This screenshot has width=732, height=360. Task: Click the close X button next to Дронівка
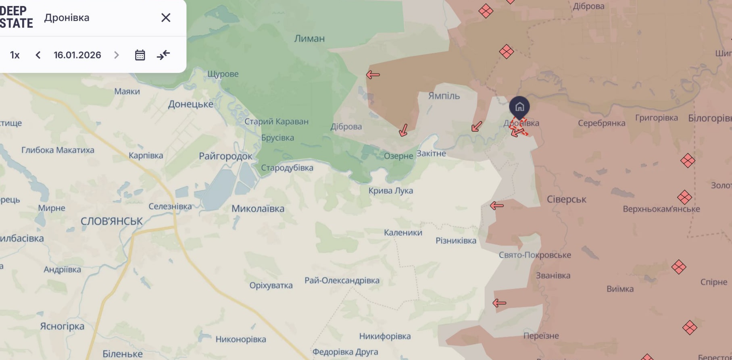tap(166, 18)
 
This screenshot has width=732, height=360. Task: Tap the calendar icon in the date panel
tap(140, 55)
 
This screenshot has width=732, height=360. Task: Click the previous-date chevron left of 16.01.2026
tap(38, 55)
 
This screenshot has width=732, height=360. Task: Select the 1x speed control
tap(15, 55)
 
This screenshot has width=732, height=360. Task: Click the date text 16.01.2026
tap(77, 55)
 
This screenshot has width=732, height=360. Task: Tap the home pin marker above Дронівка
tap(519, 107)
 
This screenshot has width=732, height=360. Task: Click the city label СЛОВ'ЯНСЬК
tap(112, 221)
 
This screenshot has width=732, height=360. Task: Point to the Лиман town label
tap(309, 39)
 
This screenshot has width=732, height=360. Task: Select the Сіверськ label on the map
tap(566, 199)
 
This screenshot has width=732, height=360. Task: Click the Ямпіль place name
tap(444, 96)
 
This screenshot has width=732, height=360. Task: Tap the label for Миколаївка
tap(258, 209)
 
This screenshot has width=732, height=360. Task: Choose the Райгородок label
tap(225, 156)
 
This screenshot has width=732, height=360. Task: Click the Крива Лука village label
tap(390, 191)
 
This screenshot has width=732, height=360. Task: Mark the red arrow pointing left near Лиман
tap(373, 75)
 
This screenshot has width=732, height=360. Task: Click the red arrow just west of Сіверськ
tap(497, 206)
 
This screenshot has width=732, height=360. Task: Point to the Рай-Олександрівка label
tap(342, 281)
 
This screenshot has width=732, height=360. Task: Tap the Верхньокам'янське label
tap(661, 209)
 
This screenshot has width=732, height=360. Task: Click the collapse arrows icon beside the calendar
tap(163, 55)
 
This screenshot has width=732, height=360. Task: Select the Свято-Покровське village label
tap(535, 255)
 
